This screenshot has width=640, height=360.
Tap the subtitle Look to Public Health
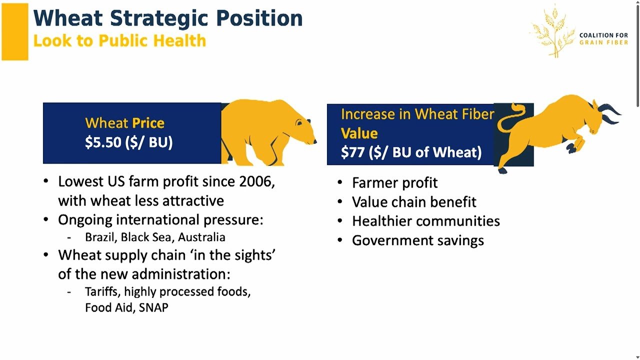pos(119,40)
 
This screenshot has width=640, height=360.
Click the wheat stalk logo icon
pos(553,31)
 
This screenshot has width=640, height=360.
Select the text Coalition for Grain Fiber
pos(603,39)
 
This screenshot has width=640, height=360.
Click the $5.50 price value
pos(103,142)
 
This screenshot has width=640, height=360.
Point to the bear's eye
pos(299,123)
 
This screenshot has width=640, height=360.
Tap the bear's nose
pos(314,141)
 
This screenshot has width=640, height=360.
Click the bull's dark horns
pos(609,113)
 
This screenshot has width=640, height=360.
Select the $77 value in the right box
pos(352,152)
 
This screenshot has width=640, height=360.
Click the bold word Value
pos(359,133)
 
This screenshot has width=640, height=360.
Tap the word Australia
pos(201,237)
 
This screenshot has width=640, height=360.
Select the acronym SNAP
pos(153,307)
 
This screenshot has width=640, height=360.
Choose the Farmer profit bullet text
pos(394,183)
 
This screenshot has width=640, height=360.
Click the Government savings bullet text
pos(418,240)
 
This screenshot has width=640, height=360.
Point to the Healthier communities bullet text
pos(426,221)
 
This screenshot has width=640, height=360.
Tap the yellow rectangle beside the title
pos(15,31)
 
